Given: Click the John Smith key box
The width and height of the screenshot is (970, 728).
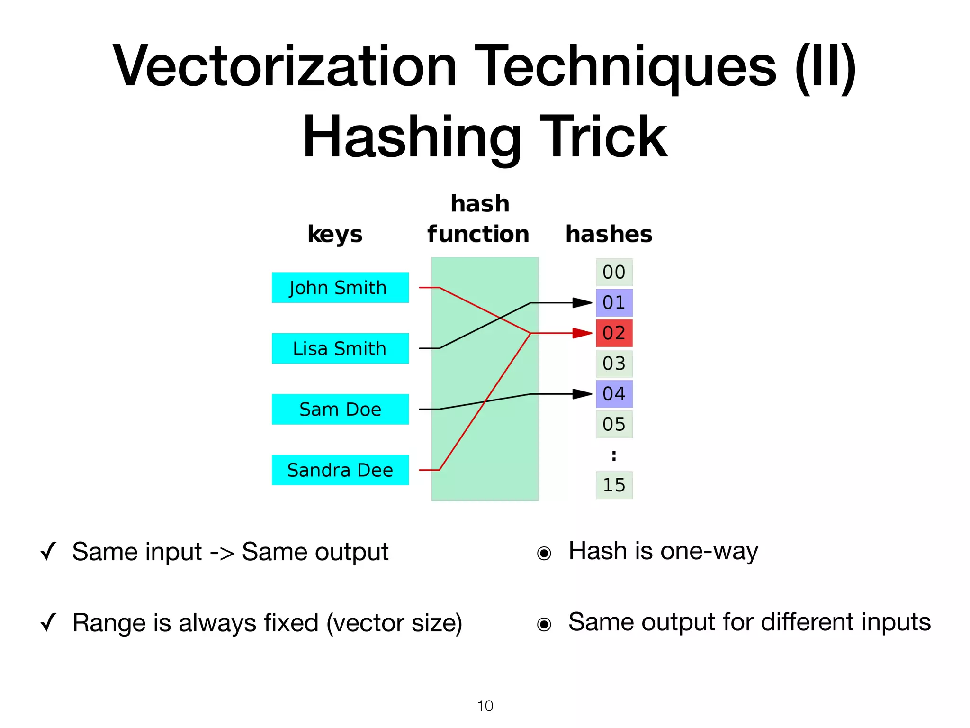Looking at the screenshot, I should pyautogui.click(x=340, y=288).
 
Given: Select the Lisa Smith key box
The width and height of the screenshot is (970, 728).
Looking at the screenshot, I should pyautogui.click(x=340, y=348).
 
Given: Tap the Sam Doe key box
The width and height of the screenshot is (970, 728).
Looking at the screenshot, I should pyautogui.click(x=340, y=409).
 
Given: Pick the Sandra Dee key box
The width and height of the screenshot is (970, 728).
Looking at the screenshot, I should pyautogui.click(x=340, y=470).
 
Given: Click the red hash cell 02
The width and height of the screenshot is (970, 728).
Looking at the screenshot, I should pyautogui.click(x=614, y=333).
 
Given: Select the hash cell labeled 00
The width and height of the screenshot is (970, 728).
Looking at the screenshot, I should pyautogui.click(x=614, y=273).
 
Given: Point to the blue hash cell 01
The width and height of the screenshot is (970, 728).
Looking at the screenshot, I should pyautogui.click(x=614, y=303).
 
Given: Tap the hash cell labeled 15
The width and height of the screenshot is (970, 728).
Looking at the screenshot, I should pyautogui.click(x=614, y=485).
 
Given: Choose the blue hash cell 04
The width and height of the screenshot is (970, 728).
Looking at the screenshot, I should pyautogui.click(x=614, y=394).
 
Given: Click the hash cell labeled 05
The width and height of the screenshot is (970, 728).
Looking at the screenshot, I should pyautogui.click(x=614, y=424).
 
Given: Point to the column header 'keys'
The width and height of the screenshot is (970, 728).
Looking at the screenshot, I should pyautogui.click(x=335, y=234).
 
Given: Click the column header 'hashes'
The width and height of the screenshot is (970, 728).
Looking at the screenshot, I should pyautogui.click(x=609, y=234).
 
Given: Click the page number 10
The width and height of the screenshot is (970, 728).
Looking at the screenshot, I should pyautogui.click(x=485, y=706).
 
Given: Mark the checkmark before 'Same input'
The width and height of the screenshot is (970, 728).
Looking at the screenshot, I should pyautogui.click(x=49, y=551).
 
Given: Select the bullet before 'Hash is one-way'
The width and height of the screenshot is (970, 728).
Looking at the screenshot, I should pyautogui.click(x=544, y=553).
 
